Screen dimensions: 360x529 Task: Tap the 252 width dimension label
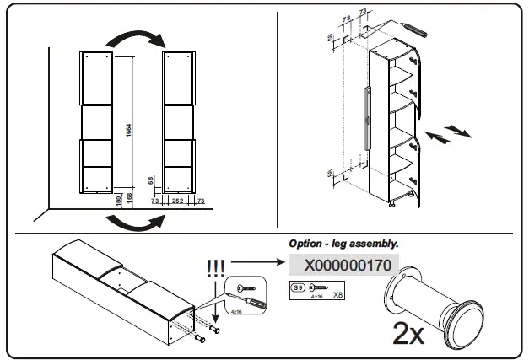pos(177,202)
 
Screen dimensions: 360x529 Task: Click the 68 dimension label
pos(150,180)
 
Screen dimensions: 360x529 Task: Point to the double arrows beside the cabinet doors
pos(445,133)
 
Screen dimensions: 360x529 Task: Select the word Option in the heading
pos(306,244)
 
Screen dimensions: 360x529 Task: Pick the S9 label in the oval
pos(297,288)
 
